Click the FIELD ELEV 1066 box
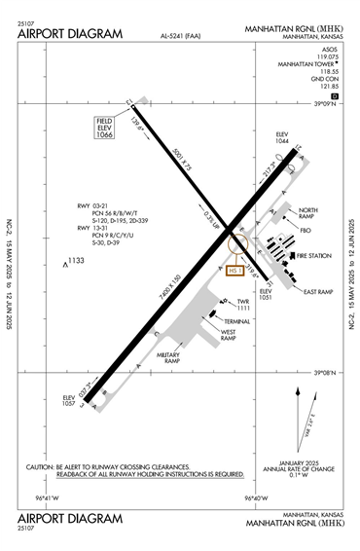[105, 128]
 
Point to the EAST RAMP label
[318, 291]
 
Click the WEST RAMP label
[229, 337]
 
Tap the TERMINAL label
[237, 320]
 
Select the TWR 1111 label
[243, 305]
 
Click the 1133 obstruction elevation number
[76, 260]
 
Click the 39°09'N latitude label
[324, 104]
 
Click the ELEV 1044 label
[282, 139]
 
